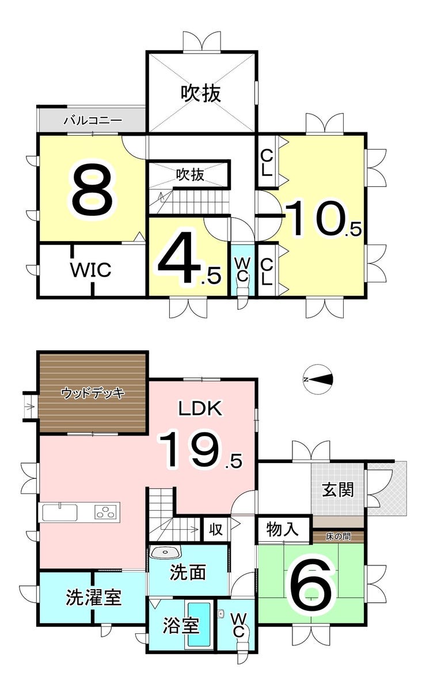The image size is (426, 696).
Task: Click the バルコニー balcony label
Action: click(x=92, y=121)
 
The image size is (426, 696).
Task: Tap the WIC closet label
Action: click(x=90, y=270)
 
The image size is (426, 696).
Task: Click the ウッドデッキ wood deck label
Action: click(x=93, y=393)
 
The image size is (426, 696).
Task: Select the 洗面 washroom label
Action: click(x=188, y=573)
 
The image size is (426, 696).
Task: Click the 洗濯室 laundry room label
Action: click(x=93, y=598)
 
